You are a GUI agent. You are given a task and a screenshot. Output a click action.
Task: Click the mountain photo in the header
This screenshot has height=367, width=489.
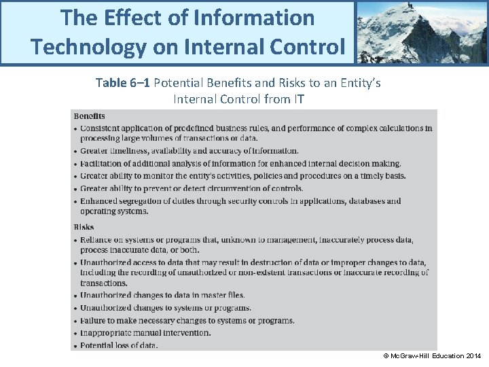click(421, 32)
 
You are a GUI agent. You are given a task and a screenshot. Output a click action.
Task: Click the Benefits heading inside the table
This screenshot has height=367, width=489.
click(89, 116)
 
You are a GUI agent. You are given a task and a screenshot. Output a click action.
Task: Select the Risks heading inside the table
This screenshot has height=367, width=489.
click(84, 227)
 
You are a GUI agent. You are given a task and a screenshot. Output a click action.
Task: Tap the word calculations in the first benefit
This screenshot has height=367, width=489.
click(385, 128)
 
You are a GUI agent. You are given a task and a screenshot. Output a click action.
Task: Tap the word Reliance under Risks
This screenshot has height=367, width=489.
click(97, 240)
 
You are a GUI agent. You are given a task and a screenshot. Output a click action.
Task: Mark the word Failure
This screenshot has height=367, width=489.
click(94, 321)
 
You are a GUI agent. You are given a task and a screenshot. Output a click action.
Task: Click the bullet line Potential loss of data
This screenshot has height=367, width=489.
click(119, 345)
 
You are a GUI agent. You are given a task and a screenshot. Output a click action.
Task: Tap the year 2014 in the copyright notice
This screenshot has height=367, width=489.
click(473, 356)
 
